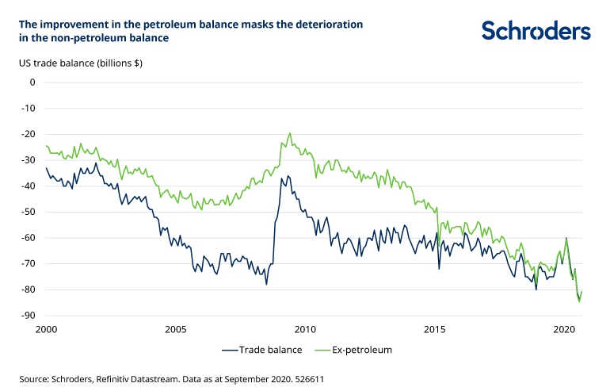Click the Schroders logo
pos(536,30)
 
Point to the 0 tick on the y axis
pos(32,82)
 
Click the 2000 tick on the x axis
pos(46,329)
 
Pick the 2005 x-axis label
pos(176,329)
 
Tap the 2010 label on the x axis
pos(305,329)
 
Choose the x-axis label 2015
pos(435,329)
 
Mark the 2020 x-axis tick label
pos(564,329)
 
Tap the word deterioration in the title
pos(330,24)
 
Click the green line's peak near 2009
pos(290,133)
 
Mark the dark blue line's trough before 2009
pos(266,284)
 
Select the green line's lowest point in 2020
pos(579,301)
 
